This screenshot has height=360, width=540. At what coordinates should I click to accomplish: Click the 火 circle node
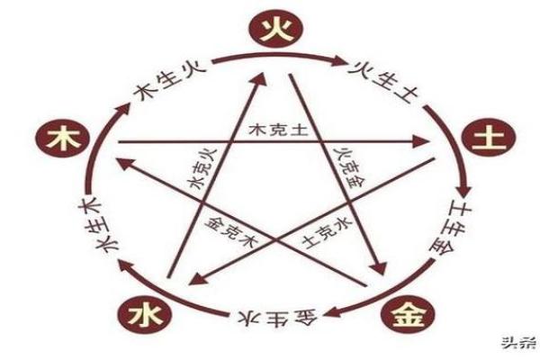click(269, 33)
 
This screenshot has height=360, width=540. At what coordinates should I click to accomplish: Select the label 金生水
click(269, 319)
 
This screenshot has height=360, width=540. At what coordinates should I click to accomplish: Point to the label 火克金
click(346, 166)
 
